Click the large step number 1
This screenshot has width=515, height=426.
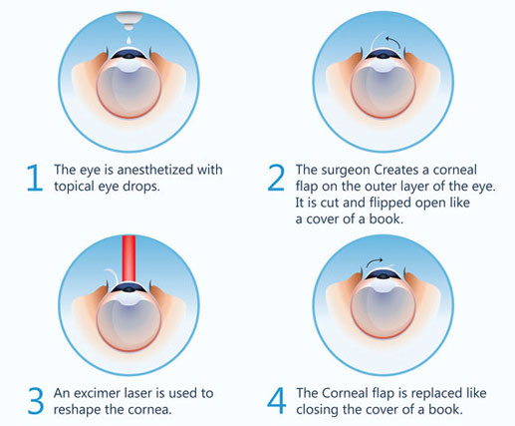[35, 178]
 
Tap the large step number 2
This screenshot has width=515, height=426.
[276, 178]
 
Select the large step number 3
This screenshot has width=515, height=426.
[36, 401]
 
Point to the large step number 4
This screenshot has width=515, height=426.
[277, 401]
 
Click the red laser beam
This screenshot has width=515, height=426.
[129, 258]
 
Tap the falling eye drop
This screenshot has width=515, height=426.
[129, 41]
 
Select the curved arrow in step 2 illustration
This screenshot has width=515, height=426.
[394, 42]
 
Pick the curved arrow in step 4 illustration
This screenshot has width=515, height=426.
[375, 261]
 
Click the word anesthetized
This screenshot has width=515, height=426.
[155, 170]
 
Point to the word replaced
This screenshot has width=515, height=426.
[436, 394]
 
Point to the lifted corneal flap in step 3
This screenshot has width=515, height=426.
[113, 274]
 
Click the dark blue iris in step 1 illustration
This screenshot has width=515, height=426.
[129, 54]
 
